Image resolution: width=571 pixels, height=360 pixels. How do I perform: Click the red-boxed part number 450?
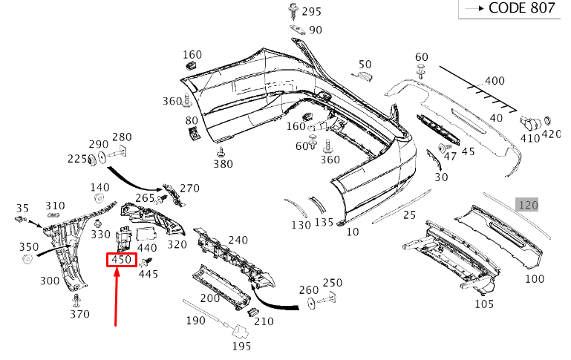click(x=121, y=260)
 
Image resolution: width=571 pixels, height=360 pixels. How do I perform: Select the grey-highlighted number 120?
click(x=528, y=204)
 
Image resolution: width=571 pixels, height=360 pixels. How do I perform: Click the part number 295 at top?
click(x=311, y=11)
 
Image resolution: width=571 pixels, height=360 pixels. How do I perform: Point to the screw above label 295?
click(x=292, y=10)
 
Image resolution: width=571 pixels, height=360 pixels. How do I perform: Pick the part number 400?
click(x=494, y=81)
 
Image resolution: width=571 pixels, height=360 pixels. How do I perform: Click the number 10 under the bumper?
click(x=353, y=232)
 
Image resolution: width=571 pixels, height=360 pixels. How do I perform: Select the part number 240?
click(x=238, y=240)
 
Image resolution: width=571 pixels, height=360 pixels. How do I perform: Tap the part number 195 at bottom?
click(x=241, y=345)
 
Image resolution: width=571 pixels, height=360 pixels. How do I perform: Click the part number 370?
click(x=79, y=314)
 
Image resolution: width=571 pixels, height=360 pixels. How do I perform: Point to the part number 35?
click(x=22, y=208)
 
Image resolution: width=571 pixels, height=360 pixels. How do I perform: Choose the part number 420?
click(x=551, y=134)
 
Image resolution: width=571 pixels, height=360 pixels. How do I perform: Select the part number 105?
click(x=483, y=304)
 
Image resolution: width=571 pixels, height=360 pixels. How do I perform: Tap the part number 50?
click(x=365, y=65)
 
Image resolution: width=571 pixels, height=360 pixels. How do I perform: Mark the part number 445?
click(x=149, y=274)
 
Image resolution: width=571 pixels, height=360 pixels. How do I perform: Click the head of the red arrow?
click(x=117, y=274)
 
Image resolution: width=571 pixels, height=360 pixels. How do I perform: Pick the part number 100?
click(x=534, y=279)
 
